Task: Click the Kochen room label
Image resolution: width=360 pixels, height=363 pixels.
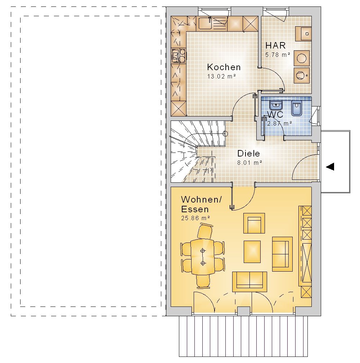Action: click(x=224, y=67)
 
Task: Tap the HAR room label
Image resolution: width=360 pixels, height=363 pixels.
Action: click(x=275, y=45)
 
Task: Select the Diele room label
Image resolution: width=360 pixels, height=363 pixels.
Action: click(x=248, y=153)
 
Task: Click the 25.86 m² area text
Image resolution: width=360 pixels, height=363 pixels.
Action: click(x=195, y=218)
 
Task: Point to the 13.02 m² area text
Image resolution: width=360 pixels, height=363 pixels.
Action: click(x=221, y=76)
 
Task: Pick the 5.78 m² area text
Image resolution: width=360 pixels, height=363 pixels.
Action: click(x=278, y=55)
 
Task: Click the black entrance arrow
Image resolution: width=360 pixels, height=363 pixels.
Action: click(x=330, y=167)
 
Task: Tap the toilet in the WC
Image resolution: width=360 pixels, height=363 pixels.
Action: click(x=297, y=108)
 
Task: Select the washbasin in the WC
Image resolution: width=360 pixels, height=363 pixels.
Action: click(x=276, y=105)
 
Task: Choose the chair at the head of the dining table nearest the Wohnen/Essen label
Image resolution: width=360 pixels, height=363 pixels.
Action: click(x=205, y=231)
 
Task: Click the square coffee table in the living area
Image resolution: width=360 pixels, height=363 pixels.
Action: click(x=252, y=252)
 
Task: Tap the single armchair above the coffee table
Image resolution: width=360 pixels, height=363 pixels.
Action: click(x=254, y=223)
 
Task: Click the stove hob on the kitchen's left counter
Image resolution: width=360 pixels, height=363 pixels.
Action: click(x=178, y=56)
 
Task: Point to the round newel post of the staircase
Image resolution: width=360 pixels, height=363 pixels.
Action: click(x=225, y=133)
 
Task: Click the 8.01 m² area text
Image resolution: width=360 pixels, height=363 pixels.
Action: click(x=249, y=163)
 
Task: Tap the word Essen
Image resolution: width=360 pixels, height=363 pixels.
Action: click(x=195, y=209)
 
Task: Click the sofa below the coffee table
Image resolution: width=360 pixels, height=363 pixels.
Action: click(x=250, y=282)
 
